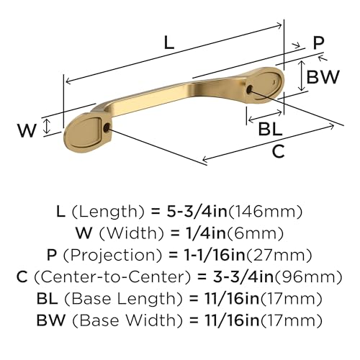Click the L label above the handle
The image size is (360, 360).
(168, 42)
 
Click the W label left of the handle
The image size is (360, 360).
(27, 130)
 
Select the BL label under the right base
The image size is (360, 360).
(271, 127)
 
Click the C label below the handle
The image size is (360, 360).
(279, 151)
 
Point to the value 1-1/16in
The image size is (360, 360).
(233, 254)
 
